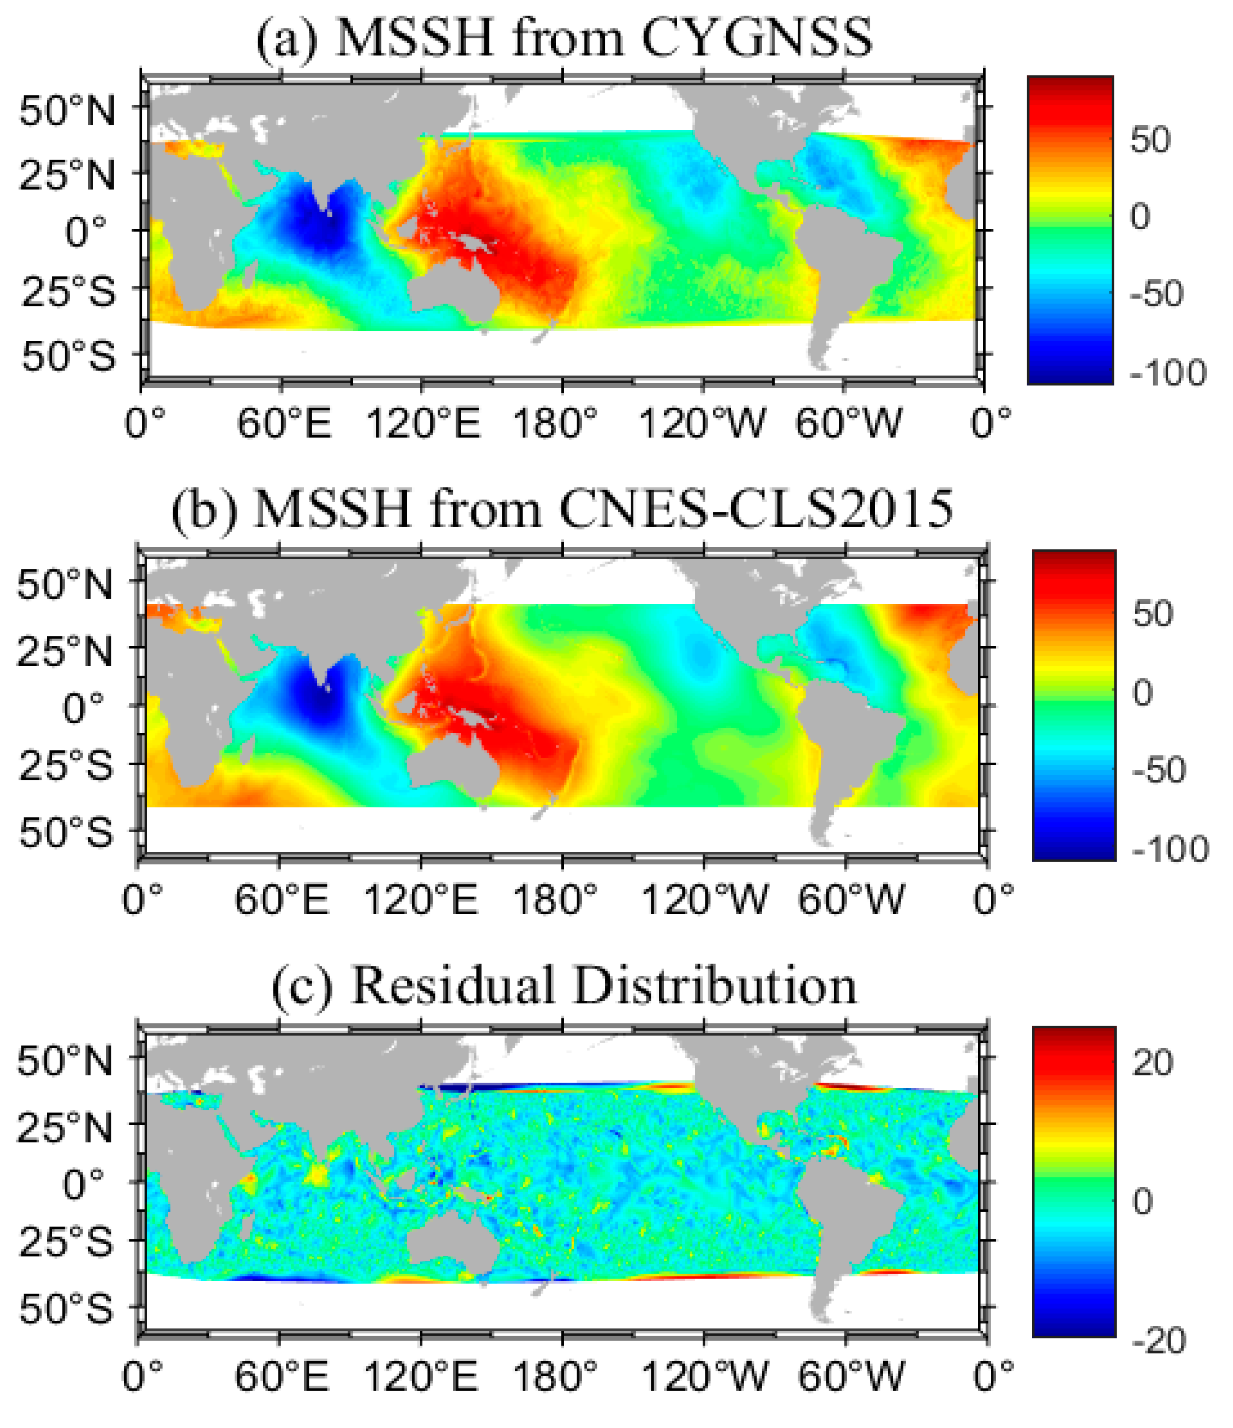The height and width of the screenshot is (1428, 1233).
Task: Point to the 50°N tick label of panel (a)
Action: (67, 110)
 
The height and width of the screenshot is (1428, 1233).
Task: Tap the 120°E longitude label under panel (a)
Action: (422, 422)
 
